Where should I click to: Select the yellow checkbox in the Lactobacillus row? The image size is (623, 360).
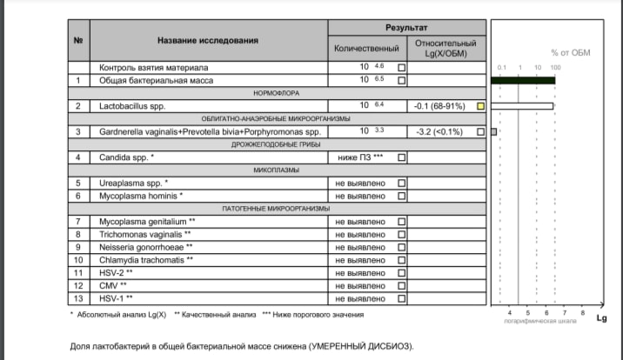[480, 106]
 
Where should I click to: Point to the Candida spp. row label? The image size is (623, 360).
[127, 158]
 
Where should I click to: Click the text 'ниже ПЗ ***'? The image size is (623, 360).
[360, 158]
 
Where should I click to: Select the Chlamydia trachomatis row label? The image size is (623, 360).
[146, 260]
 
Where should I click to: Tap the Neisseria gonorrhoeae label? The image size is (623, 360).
[146, 247]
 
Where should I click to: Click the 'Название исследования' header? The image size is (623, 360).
[208, 41]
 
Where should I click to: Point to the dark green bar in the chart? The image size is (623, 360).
[523, 80]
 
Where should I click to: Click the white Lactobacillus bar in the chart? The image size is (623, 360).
[523, 106]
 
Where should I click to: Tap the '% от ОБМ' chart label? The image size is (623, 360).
[570, 52]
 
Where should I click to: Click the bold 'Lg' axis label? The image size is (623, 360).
[601, 318]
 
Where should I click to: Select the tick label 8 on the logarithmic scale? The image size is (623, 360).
[582, 311]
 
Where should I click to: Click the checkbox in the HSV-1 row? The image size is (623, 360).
[401, 298]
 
